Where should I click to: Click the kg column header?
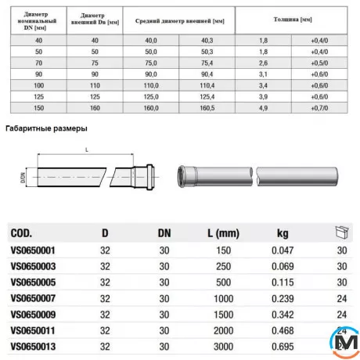tap(282, 232)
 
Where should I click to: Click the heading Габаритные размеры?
tap(46, 128)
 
